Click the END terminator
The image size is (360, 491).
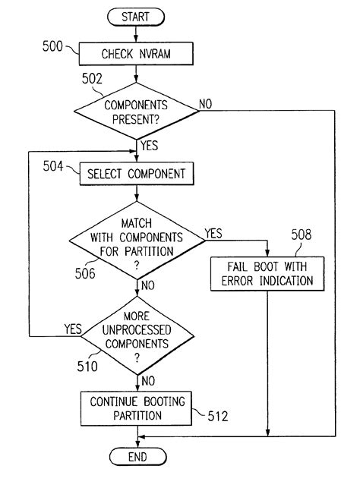tap(137, 458)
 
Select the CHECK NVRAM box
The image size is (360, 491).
tap(137, 54)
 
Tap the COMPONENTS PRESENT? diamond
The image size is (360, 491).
tap(137, 110)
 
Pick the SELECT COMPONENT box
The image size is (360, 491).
tap(137, 175)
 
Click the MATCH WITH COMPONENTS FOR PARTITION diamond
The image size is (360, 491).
tap(137, 241)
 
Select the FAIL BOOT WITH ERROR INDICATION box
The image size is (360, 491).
tap(269, 273)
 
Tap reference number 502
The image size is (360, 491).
tap(92, 78)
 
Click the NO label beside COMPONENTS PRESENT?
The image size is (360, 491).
tap(207, 102)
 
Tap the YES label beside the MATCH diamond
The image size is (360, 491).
tap(213, 234)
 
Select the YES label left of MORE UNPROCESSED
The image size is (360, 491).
tap(73, 329)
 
